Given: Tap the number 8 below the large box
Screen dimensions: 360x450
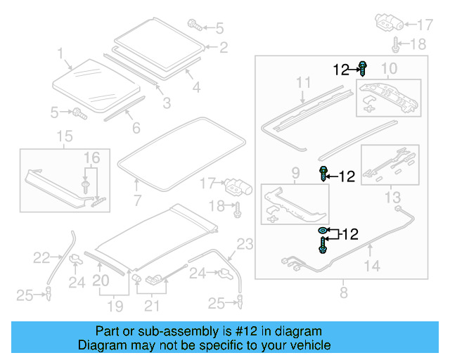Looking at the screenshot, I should (342, 292).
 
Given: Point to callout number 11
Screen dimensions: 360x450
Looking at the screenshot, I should (303, 83).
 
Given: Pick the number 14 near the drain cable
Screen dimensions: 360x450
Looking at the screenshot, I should (372, 266).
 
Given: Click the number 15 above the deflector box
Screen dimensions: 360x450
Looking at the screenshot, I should (64, 135).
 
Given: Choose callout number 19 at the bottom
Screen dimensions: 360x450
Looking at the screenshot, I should (115, 307).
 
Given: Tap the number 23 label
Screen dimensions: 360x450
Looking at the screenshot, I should (243, 245).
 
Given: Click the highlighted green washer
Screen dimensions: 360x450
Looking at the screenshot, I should (322, 231).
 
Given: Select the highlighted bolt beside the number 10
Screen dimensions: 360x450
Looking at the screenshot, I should (363, 69).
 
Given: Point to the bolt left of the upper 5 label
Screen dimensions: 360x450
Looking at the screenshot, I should (195, 26).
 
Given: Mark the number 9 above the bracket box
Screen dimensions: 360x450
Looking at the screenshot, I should (295, 172).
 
